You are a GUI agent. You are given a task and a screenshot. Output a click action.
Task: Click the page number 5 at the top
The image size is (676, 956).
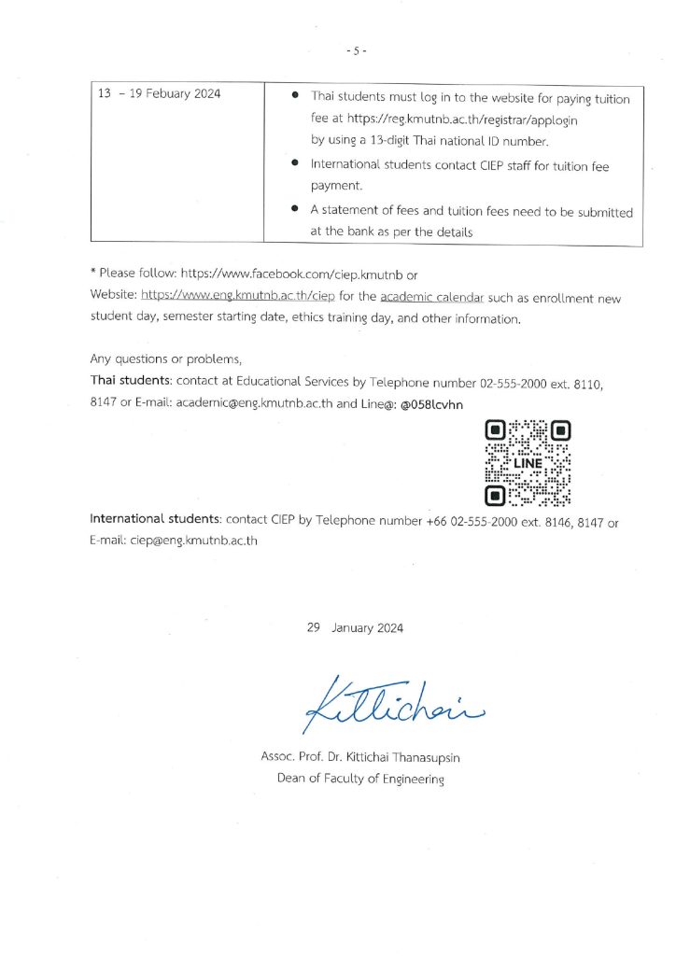[x=356, y=50]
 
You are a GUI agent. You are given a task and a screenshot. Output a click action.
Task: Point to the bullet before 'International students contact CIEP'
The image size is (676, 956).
[x=295, y=164]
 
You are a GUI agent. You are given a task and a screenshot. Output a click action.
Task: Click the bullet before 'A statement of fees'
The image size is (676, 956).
[x=295, y=211]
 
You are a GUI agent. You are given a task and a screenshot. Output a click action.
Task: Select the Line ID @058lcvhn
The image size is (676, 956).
[x=431, y=403]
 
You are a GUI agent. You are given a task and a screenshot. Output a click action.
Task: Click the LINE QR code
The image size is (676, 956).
[x=528, y=462]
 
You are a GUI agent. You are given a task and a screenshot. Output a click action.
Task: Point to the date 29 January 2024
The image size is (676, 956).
[x=354, y=628]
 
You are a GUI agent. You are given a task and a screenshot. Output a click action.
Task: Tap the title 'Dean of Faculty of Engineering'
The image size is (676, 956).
[x=360, y=779]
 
